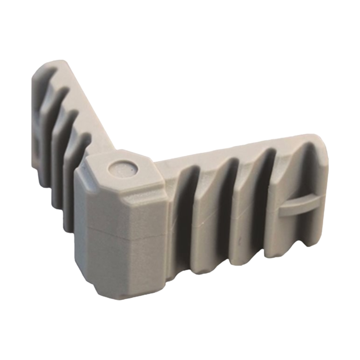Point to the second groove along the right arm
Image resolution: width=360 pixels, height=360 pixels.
[225, 202]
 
